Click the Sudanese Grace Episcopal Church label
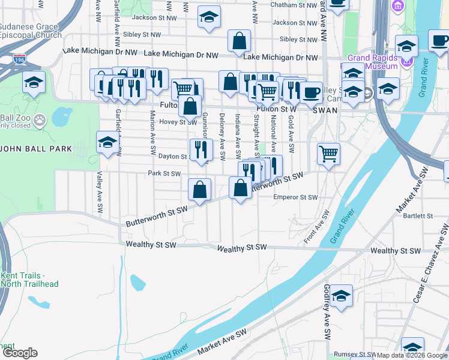point(30,31)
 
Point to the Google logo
point(20,353)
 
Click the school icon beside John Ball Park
point(107,143)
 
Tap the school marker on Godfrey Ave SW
point(341,296)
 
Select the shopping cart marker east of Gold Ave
point(328,154)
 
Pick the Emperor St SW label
point(295,197)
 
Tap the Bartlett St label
point(418,215)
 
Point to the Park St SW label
point(164,174)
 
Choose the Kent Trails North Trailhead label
point(30,280)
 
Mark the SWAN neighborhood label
point(328,110)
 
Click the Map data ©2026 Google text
point(412,355)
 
